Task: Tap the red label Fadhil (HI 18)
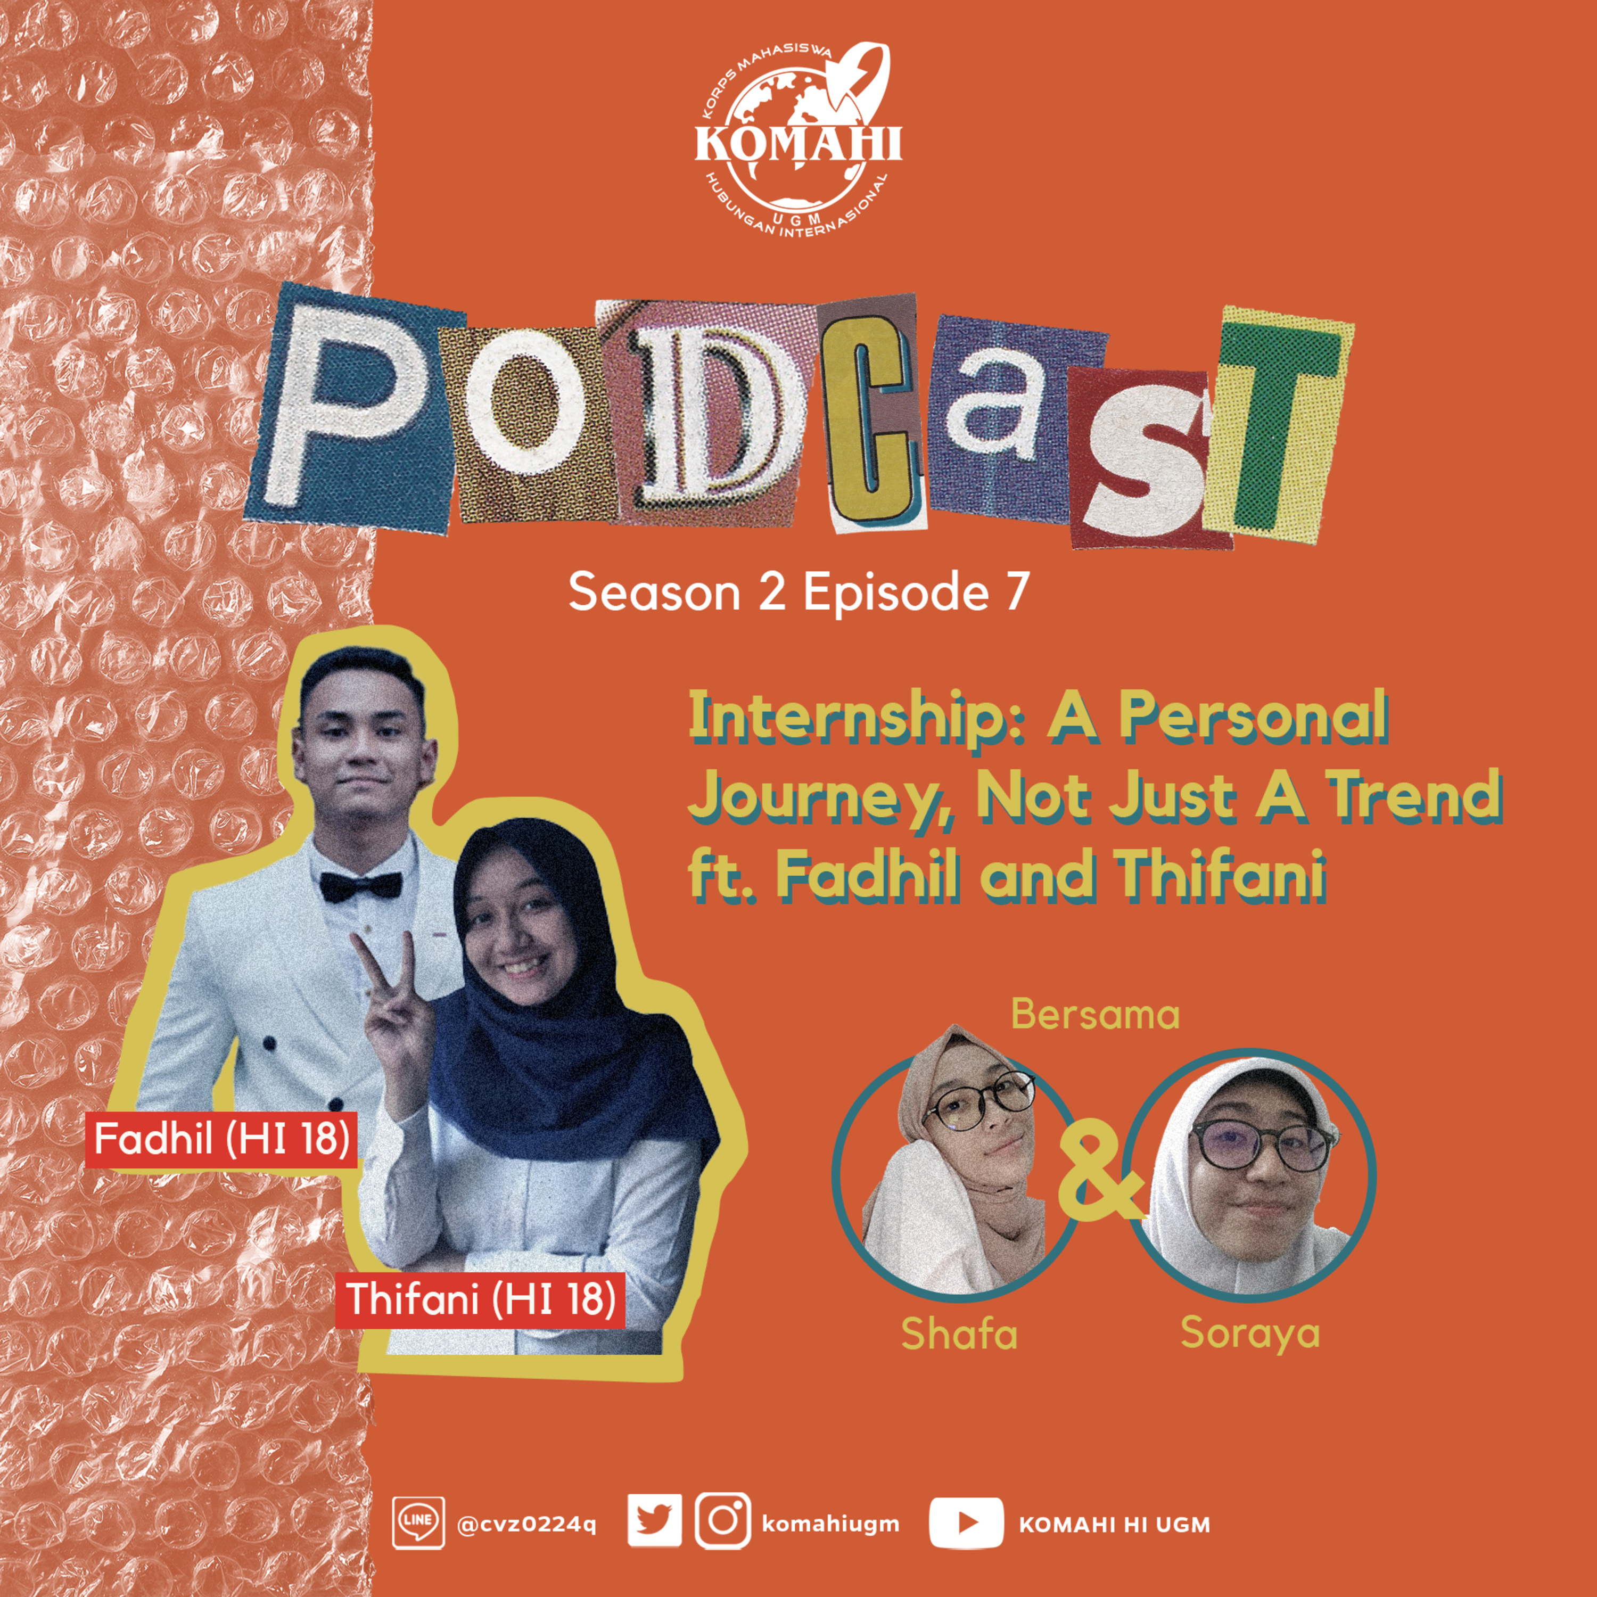[221, 1139]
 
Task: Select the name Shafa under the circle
[959, 1333]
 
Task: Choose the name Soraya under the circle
[1250, 1333]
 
